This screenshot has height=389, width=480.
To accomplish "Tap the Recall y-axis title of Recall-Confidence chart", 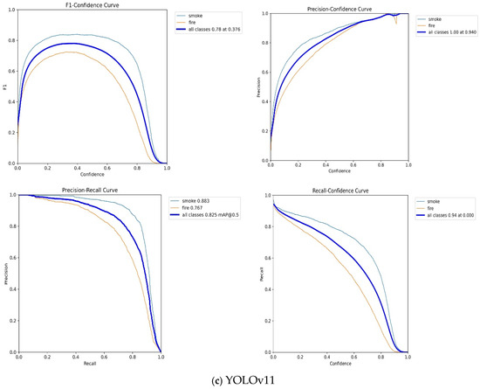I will pyautogui.click(x=263, y=272).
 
